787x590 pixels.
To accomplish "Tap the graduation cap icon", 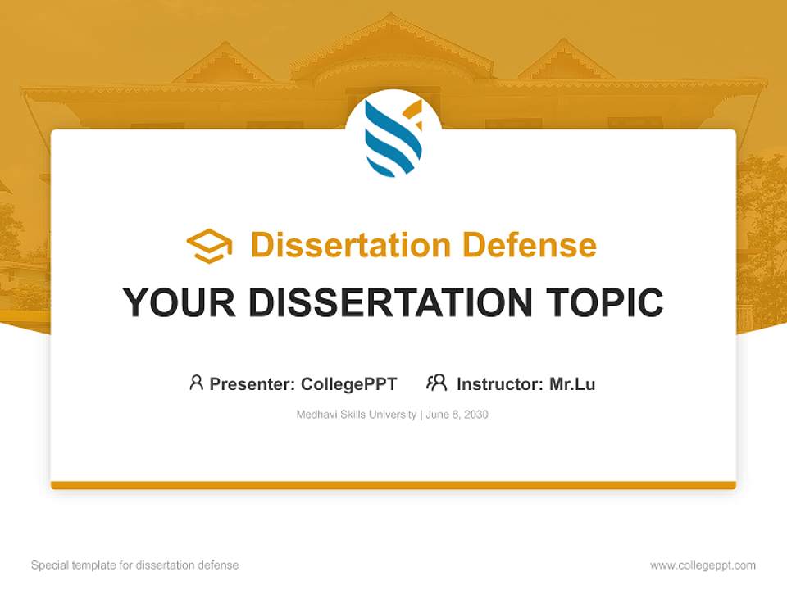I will point(209,245).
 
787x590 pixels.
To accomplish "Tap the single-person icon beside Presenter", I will point(196,383).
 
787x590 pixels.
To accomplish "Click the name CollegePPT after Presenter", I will point(348,383).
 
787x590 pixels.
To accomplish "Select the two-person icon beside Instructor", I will point(436,383).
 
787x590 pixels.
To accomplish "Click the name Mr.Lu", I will point(571,383).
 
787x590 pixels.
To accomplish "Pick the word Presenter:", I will point(252,383).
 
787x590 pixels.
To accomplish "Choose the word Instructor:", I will point(500,383).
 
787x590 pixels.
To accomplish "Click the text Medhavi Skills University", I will point(356,415).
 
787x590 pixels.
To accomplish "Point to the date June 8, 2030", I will point(457,415).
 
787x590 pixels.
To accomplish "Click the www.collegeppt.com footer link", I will point(703,565).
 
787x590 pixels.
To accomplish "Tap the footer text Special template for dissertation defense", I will point(134,565).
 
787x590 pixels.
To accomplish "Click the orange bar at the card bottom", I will point(393,485).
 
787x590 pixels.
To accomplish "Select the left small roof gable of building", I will point(222,64).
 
